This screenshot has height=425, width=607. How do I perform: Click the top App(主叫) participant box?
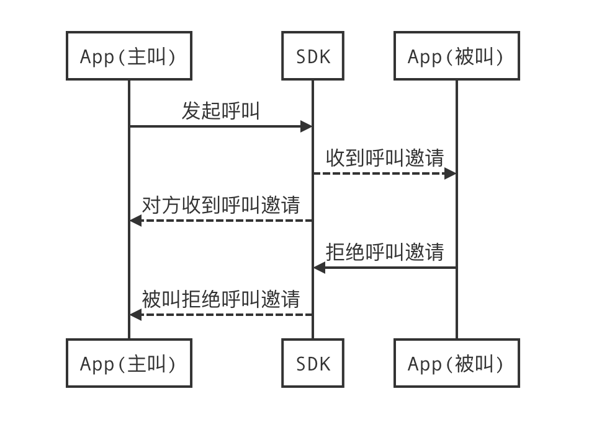coord(128,56)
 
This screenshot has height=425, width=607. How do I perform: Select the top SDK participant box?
coord(312,56)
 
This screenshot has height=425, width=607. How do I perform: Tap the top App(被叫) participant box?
coord(456,56)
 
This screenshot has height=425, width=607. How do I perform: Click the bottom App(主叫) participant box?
coord(128,364)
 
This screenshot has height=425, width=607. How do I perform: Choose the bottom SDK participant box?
coord(312,364)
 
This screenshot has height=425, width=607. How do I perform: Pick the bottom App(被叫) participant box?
coord(456,364)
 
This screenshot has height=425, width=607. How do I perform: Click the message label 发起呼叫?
coord(220,112)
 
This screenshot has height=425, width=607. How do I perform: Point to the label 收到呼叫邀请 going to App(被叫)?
coord(385,159)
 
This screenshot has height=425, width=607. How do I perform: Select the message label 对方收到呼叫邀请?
coord(220,205)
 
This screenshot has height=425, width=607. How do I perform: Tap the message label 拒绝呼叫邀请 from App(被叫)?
coord(385,252)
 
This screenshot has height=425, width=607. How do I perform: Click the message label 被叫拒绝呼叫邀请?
coord(220,299)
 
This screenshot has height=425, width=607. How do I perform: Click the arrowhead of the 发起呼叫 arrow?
coord(306,126)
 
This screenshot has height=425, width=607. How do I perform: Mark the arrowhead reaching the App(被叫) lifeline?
coord(450,173)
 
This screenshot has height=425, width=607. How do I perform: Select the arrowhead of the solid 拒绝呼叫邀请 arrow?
coord(319,268)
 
